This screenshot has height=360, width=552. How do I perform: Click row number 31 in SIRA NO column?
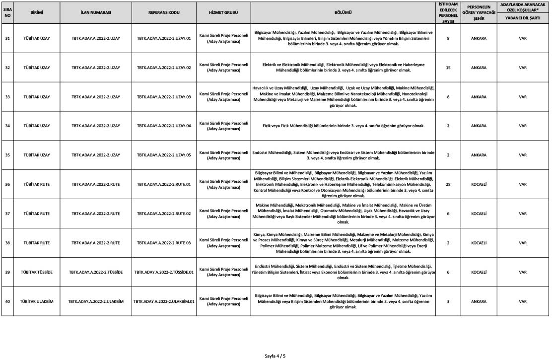(7, 38)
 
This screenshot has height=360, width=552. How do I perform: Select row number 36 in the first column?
(7, 184)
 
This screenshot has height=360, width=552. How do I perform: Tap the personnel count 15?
(448, 68)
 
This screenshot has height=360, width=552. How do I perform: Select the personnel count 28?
(448, 184)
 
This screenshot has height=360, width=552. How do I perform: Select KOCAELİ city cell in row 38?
(479, 243)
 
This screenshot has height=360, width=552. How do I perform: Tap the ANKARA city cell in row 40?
(479, 301)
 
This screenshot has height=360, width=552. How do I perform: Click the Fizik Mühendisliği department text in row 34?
(344, 126)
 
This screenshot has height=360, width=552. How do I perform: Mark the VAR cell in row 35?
(522, 155)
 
